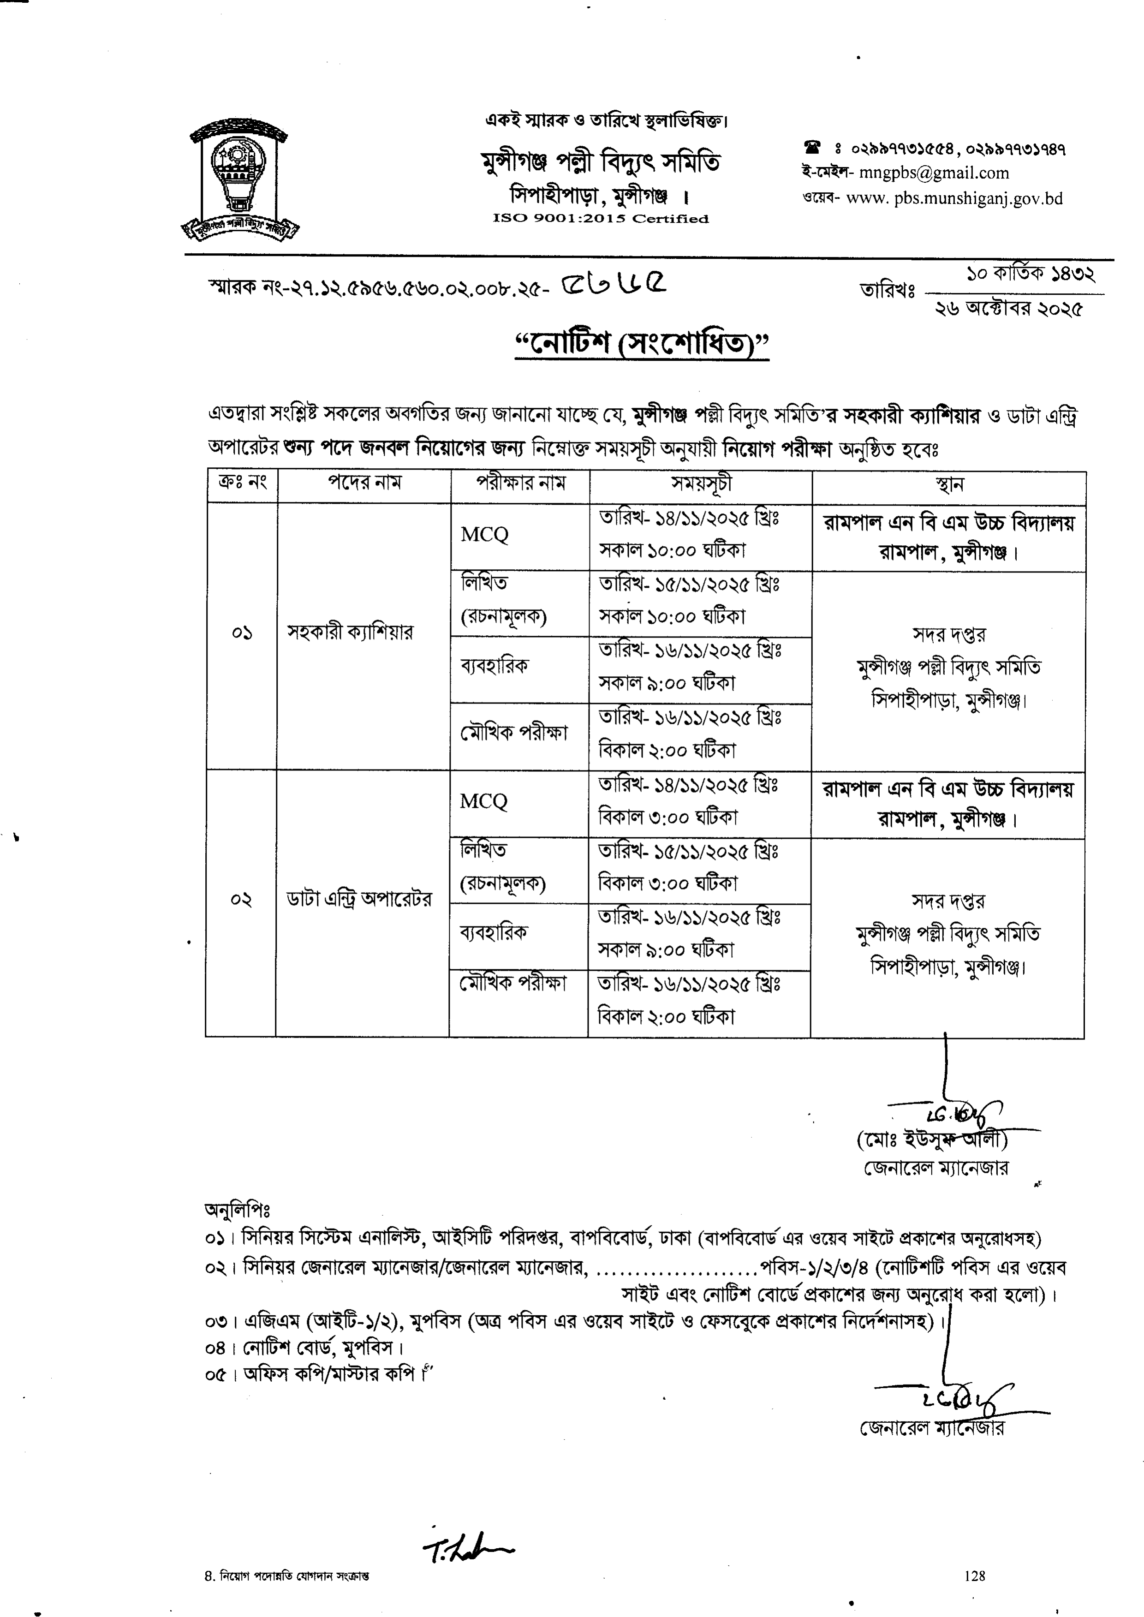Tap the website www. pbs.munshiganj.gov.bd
pos(954,199)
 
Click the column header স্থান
pos(948,485)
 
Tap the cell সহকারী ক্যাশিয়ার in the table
pos(349,632)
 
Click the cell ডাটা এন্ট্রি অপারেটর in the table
pos(358,899)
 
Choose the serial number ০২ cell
pos(240,900)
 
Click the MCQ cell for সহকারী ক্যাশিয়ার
pos(485,535)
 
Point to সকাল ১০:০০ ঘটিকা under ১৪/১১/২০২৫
pos(672,550)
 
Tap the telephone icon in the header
pos(813,148)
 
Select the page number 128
pos(975,1576)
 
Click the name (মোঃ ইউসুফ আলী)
pos(931,1140)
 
